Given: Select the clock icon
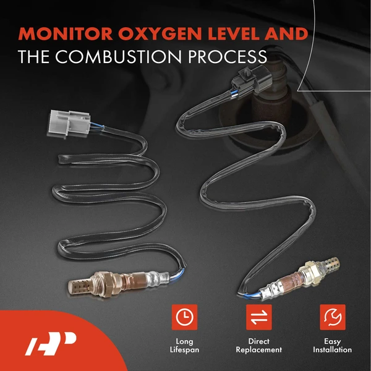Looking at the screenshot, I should point(184,317).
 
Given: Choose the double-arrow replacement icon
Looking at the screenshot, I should point(256,317).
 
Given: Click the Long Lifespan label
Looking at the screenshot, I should point(184,345).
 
